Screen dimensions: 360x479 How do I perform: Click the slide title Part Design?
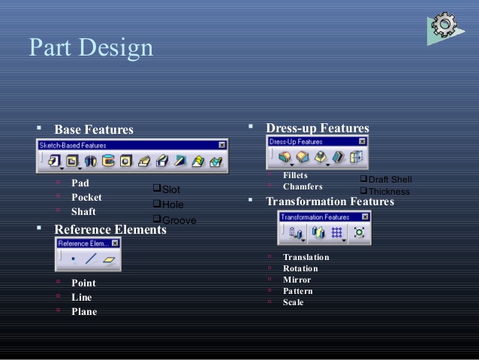(91, 48)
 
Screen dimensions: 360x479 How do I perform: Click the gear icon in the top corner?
(445, 26)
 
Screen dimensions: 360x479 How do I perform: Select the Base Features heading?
(94, 130)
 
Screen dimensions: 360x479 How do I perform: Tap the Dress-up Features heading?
(318, 129)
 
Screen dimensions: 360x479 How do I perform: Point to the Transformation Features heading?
(330, 201)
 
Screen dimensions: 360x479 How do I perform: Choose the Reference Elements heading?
(110, 229)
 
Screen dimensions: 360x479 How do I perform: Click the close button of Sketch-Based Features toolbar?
(222, 145)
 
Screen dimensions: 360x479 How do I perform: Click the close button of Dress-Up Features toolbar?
(363, 141)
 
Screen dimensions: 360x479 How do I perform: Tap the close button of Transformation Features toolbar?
(366, 217)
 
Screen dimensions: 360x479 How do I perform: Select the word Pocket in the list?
(86, 197)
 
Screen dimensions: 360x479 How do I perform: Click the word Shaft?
(83, 211)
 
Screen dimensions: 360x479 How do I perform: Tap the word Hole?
(173, 204)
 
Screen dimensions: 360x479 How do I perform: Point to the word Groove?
(179, 220)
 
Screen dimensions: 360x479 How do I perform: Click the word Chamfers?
(303, 186)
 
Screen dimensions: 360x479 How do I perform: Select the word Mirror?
(297, 280)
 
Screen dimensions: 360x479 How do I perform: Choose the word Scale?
(294, 302)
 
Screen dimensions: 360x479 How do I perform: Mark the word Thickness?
(389, 192)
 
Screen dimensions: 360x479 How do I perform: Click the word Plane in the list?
(84, 311)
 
